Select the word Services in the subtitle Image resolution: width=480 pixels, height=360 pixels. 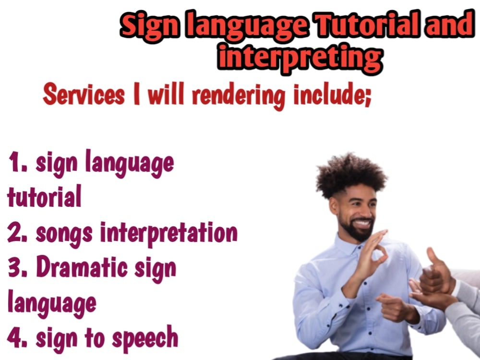84,95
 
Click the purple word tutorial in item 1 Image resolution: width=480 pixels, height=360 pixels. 44,197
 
